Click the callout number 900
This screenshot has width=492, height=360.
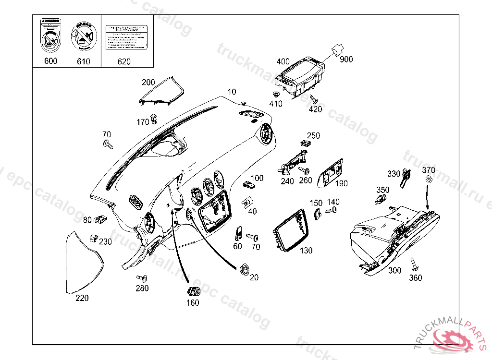click(x=346, y=60)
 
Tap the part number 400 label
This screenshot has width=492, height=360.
click(x=283, y=61)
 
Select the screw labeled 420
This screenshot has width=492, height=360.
click(x=314, y=99)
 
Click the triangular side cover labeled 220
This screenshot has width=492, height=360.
click(x=83, y=264)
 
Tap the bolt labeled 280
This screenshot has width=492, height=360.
click(x=142, y=278)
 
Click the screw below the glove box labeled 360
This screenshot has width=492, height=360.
click(x=413, y=263)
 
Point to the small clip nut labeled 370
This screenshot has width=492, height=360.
click(x=428, y=180)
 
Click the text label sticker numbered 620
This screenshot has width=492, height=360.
click(x=124, y=37)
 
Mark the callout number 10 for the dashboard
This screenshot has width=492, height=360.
click(x=232, y=92)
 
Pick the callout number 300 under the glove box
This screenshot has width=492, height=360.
click(x=394, y=271)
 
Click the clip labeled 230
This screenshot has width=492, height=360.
click(x=93, y=238)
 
